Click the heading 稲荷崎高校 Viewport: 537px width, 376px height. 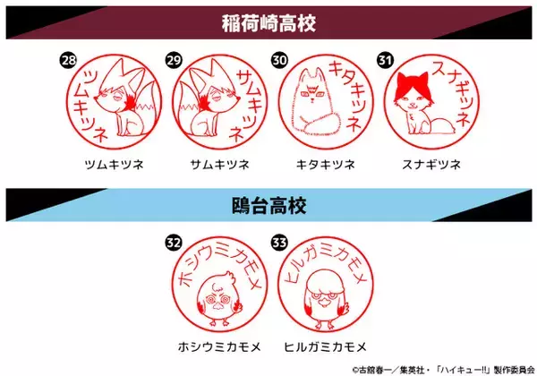(x=268, y=23)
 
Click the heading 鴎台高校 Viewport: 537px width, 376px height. (x=268, y=206)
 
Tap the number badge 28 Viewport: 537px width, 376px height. (x=68, y=61)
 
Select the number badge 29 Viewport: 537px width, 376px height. (x=174, y=61)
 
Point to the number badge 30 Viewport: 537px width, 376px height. (x=279, y=61)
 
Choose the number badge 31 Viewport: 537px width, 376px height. (x=385, y=61)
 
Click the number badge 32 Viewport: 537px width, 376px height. (x=174, y=243)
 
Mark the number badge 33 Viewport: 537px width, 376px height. (x=279, y=243)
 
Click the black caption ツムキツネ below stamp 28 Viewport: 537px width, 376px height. (x=114, y=165)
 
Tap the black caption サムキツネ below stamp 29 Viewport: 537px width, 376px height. (x=220, y=165)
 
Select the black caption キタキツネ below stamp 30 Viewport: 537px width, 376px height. (x=326, y=165)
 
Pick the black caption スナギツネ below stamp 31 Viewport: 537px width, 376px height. (x=431, y=165)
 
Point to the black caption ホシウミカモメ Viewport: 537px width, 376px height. (x=219, y=347)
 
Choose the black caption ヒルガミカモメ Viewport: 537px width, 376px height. (x=326, y=347)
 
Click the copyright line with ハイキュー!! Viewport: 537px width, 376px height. (x=444, y=370)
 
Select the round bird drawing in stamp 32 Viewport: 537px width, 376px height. (x=219, y=298)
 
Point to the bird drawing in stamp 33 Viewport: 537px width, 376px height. (x=326, y=299)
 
